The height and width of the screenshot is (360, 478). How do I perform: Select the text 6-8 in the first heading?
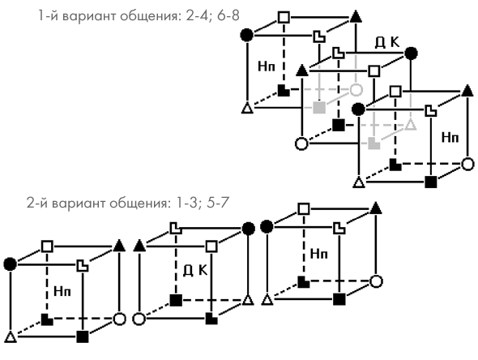(x=228, y=15)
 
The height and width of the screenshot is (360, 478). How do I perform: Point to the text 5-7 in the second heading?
(x=218, y=203)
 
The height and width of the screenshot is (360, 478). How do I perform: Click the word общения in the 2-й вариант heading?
(x=139, y=204)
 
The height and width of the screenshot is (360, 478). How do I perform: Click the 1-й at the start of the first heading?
(x=48, y=15)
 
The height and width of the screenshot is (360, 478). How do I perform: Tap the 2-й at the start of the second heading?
(x=37, y=203)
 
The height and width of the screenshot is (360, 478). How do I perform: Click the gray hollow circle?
(x=356, y=90)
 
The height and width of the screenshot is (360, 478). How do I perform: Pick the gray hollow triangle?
(x=411, y=125)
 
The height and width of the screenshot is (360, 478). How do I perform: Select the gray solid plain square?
(x=319, y=107)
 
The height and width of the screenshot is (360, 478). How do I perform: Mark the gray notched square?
(x=373, y=144)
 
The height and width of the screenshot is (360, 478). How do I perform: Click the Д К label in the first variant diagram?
(x=387, y=43)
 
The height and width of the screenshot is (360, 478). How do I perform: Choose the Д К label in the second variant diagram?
(x=195, y=270)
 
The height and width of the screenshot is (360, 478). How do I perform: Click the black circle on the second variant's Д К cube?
(x=249, y=229)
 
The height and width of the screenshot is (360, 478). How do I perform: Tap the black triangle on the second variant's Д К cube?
(x=139, y=246)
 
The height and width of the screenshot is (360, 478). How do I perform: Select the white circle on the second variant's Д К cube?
(x=139, y=319)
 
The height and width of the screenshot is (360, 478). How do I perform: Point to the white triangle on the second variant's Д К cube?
(x=249, y=300)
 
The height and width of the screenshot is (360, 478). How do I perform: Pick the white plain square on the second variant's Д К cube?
(x=211, y=246)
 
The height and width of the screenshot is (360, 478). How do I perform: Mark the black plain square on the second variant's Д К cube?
(x=176, y=300)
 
